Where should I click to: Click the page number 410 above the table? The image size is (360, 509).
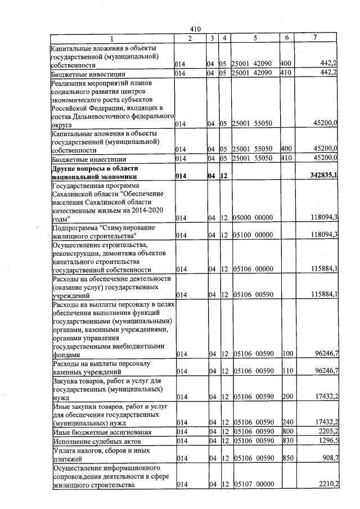[195, 29]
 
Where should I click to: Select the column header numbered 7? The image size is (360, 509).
[315, 38]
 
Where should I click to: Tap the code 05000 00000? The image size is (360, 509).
[253, 218]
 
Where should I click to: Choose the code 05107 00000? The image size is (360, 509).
[253, 484]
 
